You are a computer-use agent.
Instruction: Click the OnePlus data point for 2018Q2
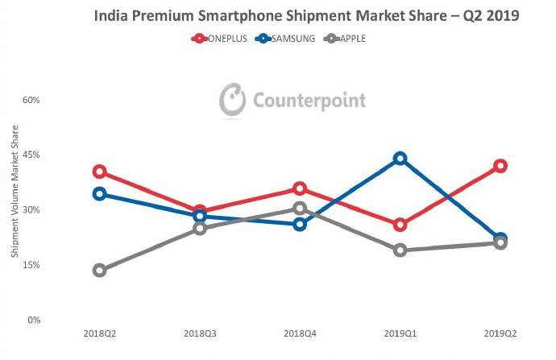click(100, 172)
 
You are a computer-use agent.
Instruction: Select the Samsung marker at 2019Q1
click(400, 159)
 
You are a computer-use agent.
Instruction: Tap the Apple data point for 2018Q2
click(100, 271)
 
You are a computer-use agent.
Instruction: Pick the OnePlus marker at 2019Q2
click(500, 166)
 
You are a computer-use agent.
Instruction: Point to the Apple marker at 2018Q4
click(300, 209)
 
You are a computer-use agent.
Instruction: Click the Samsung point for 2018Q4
click(300, 224)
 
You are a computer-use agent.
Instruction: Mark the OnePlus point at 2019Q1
click(400, 225)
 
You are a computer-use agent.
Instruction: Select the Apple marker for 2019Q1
click(400, 250)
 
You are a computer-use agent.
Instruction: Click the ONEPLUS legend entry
click(219, 38)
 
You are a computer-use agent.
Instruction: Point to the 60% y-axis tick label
click(31, 100)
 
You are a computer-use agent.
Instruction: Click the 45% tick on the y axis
click(31, 155)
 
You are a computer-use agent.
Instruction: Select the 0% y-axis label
click(33, 320)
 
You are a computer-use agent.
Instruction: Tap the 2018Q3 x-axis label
click(200, 333)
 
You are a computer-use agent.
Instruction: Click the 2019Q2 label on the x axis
click(500, 333)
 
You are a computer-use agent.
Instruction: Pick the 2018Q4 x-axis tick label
click(300, 333)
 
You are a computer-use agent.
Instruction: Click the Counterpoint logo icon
click(233, 100)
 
